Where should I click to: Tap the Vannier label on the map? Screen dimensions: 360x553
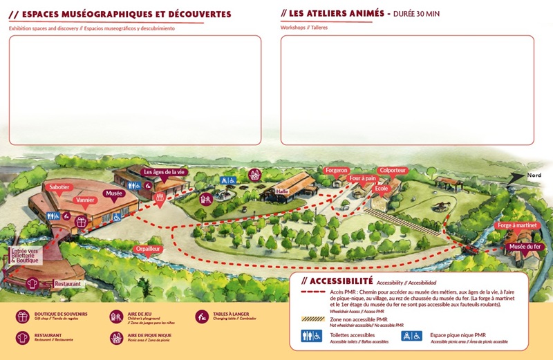(x=86, y=200)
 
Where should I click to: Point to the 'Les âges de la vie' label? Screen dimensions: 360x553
(x=164, y=171)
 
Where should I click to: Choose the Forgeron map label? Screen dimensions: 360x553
(x=337, y=170)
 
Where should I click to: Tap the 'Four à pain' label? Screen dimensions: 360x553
(x=362, y=178)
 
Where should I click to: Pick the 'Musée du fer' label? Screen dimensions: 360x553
(x=525, y=247)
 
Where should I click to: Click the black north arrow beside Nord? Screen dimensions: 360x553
(x=515, y=177)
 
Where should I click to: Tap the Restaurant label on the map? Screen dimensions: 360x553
(x=68, y=283)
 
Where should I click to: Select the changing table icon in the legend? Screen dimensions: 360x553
(x=202, y=316)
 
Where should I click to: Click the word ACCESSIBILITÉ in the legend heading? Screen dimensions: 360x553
(x=341, y=281)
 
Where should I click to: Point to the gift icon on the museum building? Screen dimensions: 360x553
(x=80, y=222)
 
